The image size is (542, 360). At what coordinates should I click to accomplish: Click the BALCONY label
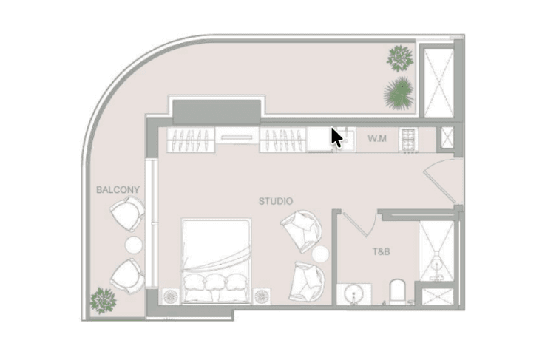[x=118, y=190]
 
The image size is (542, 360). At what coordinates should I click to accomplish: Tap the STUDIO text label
[x=276, y=201]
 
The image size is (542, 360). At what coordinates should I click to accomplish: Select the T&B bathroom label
[x=381, y=251]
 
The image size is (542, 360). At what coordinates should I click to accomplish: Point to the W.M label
[x=377, y=138]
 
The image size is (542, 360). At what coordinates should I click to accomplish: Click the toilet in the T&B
[x=397, y=292]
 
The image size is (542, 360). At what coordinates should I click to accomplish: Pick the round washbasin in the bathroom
[x=353, y=294]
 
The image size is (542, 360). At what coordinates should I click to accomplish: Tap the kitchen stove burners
[x=409, y=140]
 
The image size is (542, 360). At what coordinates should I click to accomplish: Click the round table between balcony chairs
[x=133, y=245]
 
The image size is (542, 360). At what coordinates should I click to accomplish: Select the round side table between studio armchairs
[x=320, y=254]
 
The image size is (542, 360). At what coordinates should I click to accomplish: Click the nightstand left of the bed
[x=170, y=296]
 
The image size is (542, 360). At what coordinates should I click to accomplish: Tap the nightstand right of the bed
[x=262, y=296]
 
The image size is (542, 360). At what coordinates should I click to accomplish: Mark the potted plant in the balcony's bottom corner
[x=103, y=301]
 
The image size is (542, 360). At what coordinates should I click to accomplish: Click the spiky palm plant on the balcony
[x=399, y=93]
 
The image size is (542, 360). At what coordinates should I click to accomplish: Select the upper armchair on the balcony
[x=127, y=214]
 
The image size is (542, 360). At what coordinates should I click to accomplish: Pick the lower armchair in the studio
[x=307, y=281]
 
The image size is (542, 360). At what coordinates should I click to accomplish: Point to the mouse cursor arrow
[x=336, y=137]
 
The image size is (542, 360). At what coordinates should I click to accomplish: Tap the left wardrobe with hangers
[x=191, y=140]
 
